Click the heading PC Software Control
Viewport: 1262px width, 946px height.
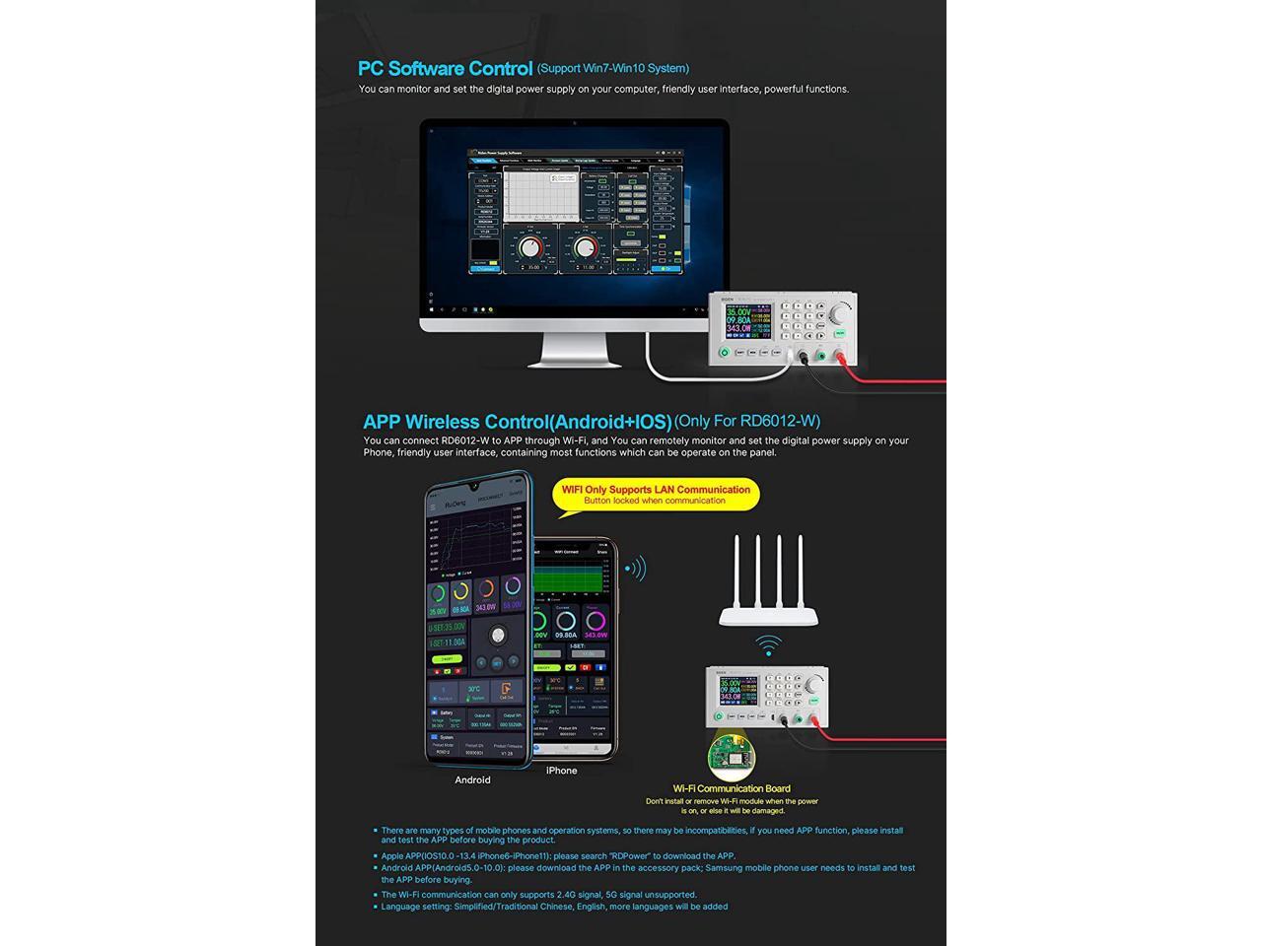445,68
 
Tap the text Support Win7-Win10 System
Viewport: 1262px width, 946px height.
613,68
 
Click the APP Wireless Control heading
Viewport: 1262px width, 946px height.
517,423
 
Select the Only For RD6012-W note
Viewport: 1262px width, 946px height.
747,421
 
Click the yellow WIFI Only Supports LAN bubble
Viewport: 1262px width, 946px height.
656,495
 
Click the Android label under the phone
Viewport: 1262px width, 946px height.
472,779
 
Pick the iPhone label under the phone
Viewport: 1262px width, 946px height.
561,771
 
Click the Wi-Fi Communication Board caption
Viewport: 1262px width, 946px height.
732,788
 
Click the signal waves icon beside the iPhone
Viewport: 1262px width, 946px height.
635,568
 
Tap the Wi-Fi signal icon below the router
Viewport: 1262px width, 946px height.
768,646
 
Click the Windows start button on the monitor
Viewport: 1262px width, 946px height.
431,309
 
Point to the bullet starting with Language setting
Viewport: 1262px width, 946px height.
554,907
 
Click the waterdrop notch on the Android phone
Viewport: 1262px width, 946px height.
476,486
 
